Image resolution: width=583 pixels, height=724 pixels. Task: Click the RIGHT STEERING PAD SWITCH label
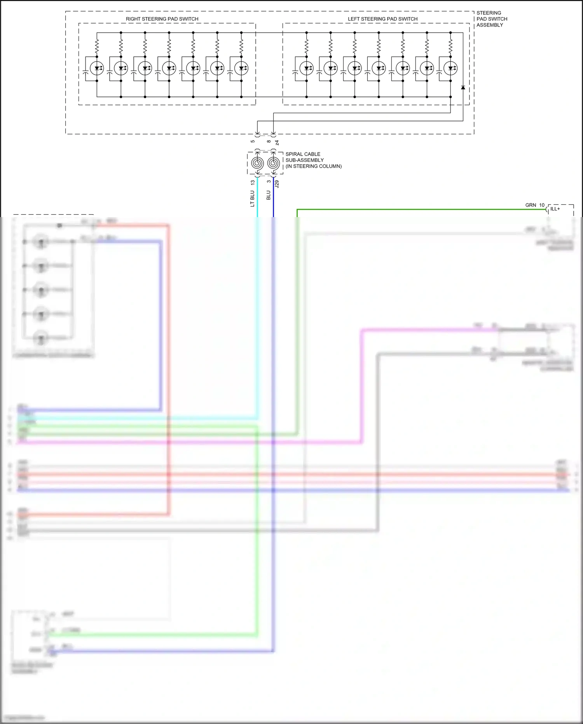pyautogui.click(x=162, y=19)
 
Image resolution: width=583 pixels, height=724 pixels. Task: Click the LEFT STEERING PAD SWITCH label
pyautogui.click(x=382, y=19)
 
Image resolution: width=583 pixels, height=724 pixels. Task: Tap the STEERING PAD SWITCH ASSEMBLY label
pyautogui.click(x=492, y=19)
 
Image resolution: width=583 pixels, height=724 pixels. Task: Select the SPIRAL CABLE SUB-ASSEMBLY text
pyautogui.click(x=313, y=160)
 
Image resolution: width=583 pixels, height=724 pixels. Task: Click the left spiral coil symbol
pyautogui.click(x=257, y=163)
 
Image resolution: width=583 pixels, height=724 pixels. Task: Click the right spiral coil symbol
pyautogui.click(x=274, y=163)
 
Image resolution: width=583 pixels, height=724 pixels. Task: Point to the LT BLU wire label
pyautogui.click(x=252, y=198)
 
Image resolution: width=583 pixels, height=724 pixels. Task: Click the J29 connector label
pyautogui.click(x=277, y=184)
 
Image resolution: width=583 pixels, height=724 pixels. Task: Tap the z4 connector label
pyautogui.click(x=277, y=143)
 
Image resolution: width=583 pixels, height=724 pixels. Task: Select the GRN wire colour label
pyautogui.click(x=531, y=205)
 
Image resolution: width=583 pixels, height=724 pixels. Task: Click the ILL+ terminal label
pyautogui.click(x=555, y=209)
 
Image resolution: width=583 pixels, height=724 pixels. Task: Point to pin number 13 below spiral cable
pyautogui.click(x=253, y=182)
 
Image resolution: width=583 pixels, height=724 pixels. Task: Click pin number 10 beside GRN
pyautogui.click(x=542, y=205)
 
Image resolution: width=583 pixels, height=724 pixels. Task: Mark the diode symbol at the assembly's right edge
pyautogui.click(x=463, y=88)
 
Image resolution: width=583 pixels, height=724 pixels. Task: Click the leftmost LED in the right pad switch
pyautogui.click(x=97, y=68)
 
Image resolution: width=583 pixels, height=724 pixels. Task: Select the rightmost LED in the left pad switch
pyautogui.click(x=450, y=68)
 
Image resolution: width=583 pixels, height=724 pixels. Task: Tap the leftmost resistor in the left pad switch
pyautogui.click(x=307, y=47)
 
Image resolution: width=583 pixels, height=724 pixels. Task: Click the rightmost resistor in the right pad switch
pyautogui.click(x=241, y=47)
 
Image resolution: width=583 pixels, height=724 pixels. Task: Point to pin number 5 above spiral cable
pyautogui.click(x=253, y=141)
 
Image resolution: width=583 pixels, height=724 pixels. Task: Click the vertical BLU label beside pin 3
pyautogui.click(x=268, y=195)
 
